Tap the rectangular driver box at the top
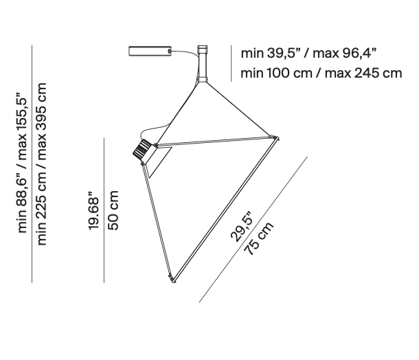pyautogui.click(x=150, y=52)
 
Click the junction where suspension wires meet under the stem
pyautogui.click(x=203, y=83)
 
